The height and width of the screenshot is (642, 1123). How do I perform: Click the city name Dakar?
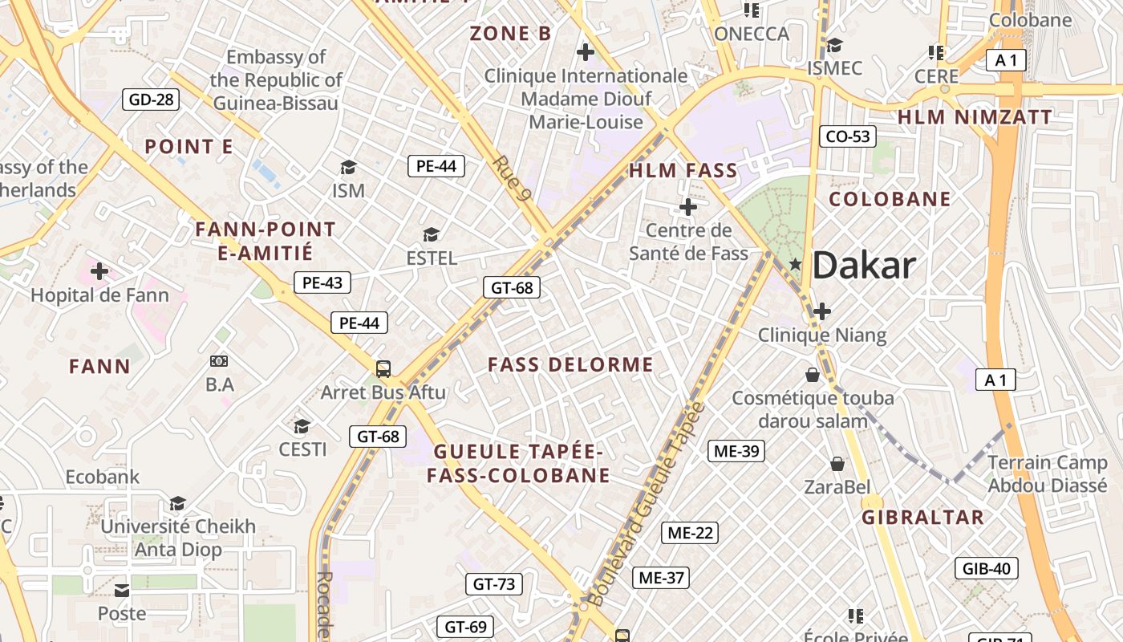[x=864, y=266]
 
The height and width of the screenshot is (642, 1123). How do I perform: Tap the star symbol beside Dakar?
[x=795, y=263]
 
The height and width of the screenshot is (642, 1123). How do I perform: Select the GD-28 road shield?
[x=151, y=100]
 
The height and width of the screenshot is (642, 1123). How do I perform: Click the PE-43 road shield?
[x=322, y=282]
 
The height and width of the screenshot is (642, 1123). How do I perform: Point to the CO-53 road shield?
[x=848, y=136]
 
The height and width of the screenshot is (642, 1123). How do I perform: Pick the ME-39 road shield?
[x=736, y=451]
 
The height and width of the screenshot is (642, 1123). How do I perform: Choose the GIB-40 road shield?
[x=987, y=569]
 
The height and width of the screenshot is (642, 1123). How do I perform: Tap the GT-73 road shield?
[x=494, y=584]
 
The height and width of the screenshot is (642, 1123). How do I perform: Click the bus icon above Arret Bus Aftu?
[x=383, y=369]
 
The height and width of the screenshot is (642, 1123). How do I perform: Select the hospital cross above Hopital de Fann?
[x=99, y=271]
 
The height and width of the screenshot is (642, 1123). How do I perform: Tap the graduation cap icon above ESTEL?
[x=432, y=234]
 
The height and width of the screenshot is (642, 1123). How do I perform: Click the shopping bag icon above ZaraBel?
[x=837, y=464]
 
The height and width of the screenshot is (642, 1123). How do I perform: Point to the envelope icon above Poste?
[x=122, y=591]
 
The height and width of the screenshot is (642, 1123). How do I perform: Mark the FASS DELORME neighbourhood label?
[x=570, y=365]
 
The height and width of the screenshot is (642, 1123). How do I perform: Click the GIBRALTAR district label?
[x=922, y=518]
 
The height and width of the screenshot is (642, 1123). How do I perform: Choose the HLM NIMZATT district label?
[x=974, y=117]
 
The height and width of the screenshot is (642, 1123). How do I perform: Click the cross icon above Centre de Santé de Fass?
[x=687, y=207]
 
